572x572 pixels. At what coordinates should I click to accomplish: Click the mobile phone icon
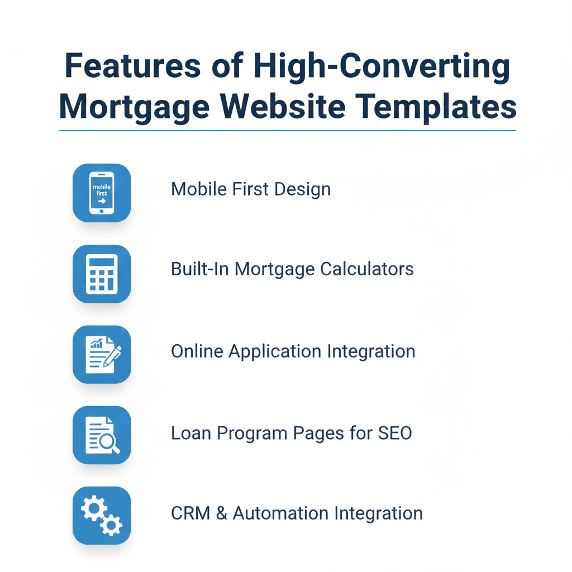tap(102, 193)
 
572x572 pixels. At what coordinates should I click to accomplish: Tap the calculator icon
tap(102, 274)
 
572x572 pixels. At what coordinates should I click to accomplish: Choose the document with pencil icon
tap(102, 354)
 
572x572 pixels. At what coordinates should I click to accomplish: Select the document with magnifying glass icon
tap(102, 435)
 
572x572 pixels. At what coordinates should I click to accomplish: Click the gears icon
tap(102, 516)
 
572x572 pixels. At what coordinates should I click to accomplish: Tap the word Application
tap(275, 352)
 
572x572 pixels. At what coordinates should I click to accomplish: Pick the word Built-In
tap(199, 269)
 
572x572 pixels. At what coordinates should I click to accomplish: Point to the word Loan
tap(189, 433)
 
